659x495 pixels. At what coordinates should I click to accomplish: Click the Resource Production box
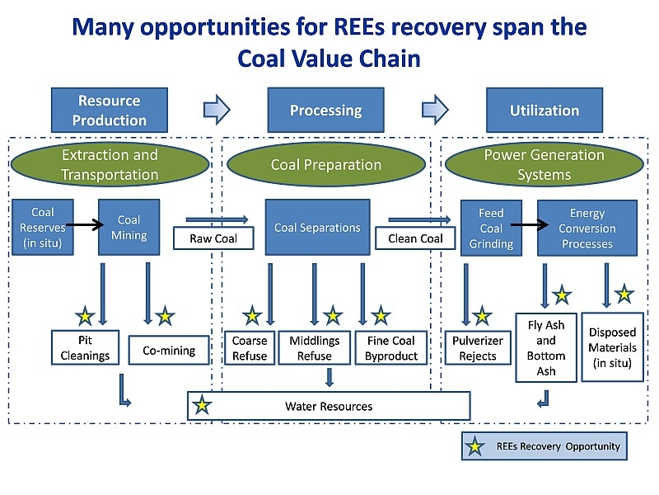[110, 110]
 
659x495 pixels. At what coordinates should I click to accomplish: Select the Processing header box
[325, 110]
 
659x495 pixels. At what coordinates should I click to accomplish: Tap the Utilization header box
[544, 110]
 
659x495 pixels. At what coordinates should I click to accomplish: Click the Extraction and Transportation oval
[110, 164]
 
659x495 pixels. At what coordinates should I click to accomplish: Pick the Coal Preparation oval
[326, 164]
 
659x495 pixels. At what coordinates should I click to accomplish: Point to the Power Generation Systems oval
[544, 164]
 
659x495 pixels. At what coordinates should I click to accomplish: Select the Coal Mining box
[129, 228]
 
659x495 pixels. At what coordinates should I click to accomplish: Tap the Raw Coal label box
[213, 238]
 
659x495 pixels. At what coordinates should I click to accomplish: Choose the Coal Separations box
[317, 228]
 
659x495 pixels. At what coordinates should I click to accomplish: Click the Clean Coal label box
[415, 238]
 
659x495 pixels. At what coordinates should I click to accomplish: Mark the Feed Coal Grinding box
[491, 228]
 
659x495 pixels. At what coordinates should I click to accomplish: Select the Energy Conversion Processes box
[587, 228]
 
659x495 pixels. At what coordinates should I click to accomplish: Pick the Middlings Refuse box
[315, 348]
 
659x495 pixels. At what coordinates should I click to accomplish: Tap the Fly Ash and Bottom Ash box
[546, 346]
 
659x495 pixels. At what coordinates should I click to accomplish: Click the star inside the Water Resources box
[202, 406]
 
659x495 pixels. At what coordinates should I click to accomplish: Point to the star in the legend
[475, 446]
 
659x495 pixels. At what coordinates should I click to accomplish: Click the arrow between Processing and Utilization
[435, 109]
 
